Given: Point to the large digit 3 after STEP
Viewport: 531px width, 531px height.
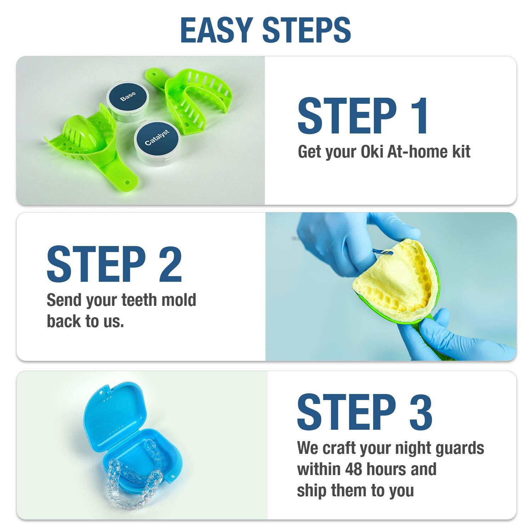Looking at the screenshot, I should coord(421,412).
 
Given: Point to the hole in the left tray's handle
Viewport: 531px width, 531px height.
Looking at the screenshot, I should coord(126,183).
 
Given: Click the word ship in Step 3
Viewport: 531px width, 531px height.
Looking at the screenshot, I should coord(310,491).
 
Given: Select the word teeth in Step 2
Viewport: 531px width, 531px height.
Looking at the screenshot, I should coord(139,300).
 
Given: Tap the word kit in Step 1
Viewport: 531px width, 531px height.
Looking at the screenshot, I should coord(461,152).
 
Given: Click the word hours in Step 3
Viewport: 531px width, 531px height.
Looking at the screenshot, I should coord(388,469).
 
